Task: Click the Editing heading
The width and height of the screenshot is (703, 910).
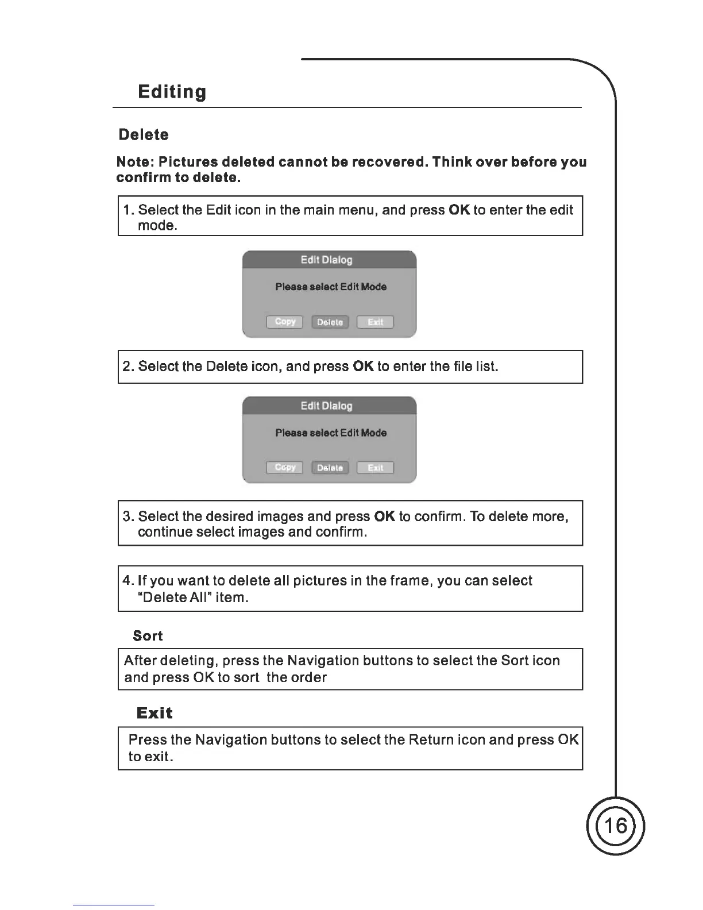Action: (172, 92)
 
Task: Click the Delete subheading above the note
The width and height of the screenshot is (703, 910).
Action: (144, 135)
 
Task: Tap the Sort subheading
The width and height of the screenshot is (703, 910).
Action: (148, 636)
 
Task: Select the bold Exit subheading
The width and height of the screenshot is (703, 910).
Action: (154, 713)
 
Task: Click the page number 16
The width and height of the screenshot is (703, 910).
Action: (616, 826)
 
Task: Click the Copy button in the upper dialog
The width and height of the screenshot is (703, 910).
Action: (285, 322)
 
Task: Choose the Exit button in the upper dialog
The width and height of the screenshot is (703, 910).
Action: (375, 322)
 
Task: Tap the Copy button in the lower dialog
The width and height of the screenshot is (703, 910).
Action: (285, 468)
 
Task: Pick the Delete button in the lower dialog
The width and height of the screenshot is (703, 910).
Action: (330, 468)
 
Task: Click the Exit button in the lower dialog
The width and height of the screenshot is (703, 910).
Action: (375, 468)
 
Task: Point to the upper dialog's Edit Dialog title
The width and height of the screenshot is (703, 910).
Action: (326, 260)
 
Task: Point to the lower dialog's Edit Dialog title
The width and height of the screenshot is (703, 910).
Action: (326, 406)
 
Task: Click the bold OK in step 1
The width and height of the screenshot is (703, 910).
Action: (459, 210)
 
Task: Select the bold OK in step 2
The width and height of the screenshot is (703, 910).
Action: (363, 367)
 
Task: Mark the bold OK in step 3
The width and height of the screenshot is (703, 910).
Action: (384, 516)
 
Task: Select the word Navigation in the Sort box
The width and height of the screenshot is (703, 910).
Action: (323, 661)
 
